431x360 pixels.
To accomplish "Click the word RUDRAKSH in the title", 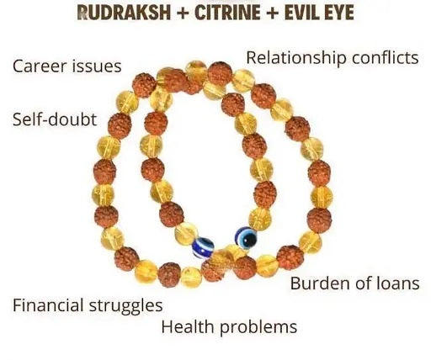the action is (124, 13).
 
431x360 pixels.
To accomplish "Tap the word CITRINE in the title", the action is (227, 13).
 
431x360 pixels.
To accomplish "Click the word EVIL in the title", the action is (298, 13).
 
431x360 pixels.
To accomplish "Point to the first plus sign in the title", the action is (183, 13).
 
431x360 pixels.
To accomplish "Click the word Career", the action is (40, 66).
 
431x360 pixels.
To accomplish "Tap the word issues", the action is (97, 66).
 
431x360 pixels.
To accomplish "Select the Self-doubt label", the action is (55, 119).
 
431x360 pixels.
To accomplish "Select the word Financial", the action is (49, 305).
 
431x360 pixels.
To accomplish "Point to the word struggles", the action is (125, 306).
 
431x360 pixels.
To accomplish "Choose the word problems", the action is (258, 328).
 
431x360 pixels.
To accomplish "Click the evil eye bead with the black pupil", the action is (246, 238).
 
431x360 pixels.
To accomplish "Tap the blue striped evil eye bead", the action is (203, 248).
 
